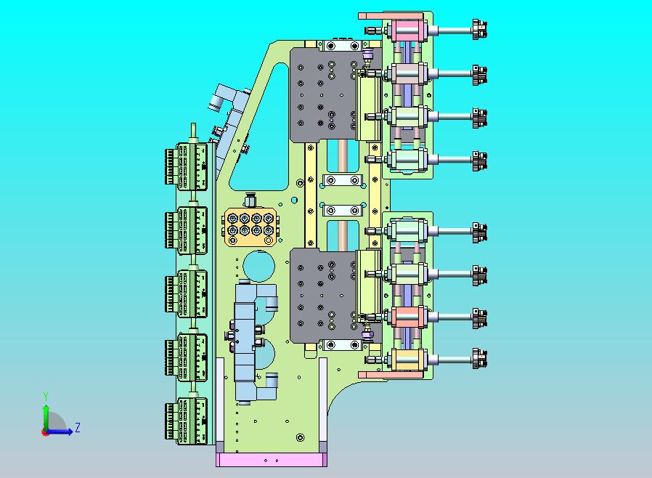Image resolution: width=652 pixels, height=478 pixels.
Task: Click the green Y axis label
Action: [x=46, y=396]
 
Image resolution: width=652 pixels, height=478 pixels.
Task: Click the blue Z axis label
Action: [x=78, y=428]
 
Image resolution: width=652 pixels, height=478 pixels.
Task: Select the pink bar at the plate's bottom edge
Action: [x=272, y=460]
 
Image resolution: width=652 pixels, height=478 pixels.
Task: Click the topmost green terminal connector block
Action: [x=187, y=166]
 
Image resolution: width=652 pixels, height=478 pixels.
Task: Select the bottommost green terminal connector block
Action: [x=187, y=421]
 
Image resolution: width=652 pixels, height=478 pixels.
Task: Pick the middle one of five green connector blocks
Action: [x=187, y=293]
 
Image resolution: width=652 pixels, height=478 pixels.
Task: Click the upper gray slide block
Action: [x=324, y=95]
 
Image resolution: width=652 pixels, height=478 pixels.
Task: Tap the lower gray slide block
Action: [x=324, y=296]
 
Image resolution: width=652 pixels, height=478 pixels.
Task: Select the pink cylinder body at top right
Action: [x=407, y=31]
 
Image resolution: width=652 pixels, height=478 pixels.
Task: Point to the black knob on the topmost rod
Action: [x=479, y=30]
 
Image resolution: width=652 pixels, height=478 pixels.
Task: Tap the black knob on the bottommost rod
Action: [x=479, y=359]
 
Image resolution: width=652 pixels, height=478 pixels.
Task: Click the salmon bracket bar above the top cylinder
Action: [x=391, y=16]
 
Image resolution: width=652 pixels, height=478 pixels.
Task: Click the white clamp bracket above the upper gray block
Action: [x=343, y=45]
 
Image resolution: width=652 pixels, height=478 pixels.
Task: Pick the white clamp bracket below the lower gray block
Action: [x=343, y=345]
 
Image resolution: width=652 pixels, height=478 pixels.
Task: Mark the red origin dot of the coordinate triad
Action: [x=45, y=432]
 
